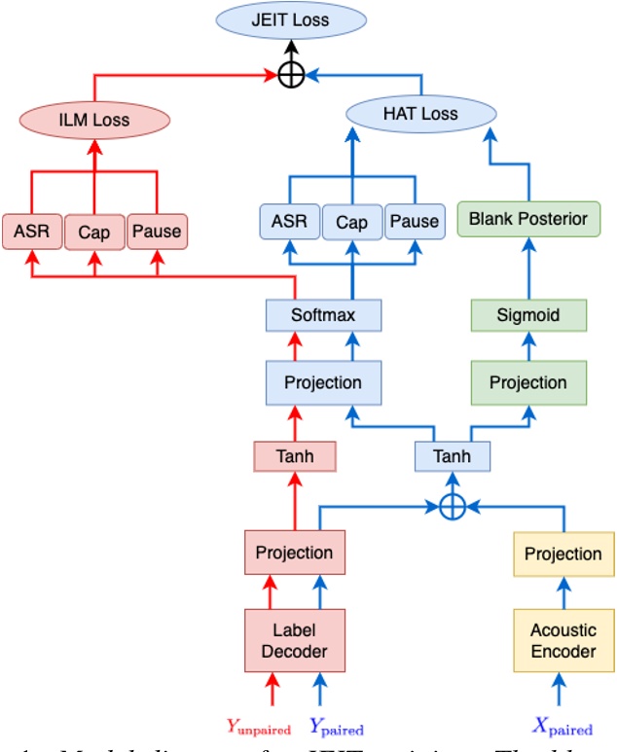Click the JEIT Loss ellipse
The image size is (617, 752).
pos(291,19)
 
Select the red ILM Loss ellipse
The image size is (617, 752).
pos(94,120)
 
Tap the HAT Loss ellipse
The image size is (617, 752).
pos(419,114)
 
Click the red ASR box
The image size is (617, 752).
pos(32,232)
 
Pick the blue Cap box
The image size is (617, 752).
pos(351,223)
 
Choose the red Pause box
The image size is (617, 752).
pos(156,231)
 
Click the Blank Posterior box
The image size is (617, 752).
pos(527,219)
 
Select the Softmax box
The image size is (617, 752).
pos(323,315)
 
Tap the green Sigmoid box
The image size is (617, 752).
pos(529,315)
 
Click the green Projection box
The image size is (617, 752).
pos(527,382)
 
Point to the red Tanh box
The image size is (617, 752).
pos(294,455)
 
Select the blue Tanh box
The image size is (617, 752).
pos(451,455)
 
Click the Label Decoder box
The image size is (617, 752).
pos(294,639)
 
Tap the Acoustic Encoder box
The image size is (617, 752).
pos(563,640)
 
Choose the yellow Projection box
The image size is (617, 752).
pos(563,554)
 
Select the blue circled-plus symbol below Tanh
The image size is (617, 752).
pos(451,506)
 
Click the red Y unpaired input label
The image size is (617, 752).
pos(258,726)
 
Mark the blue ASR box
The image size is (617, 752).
pos(288,223)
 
